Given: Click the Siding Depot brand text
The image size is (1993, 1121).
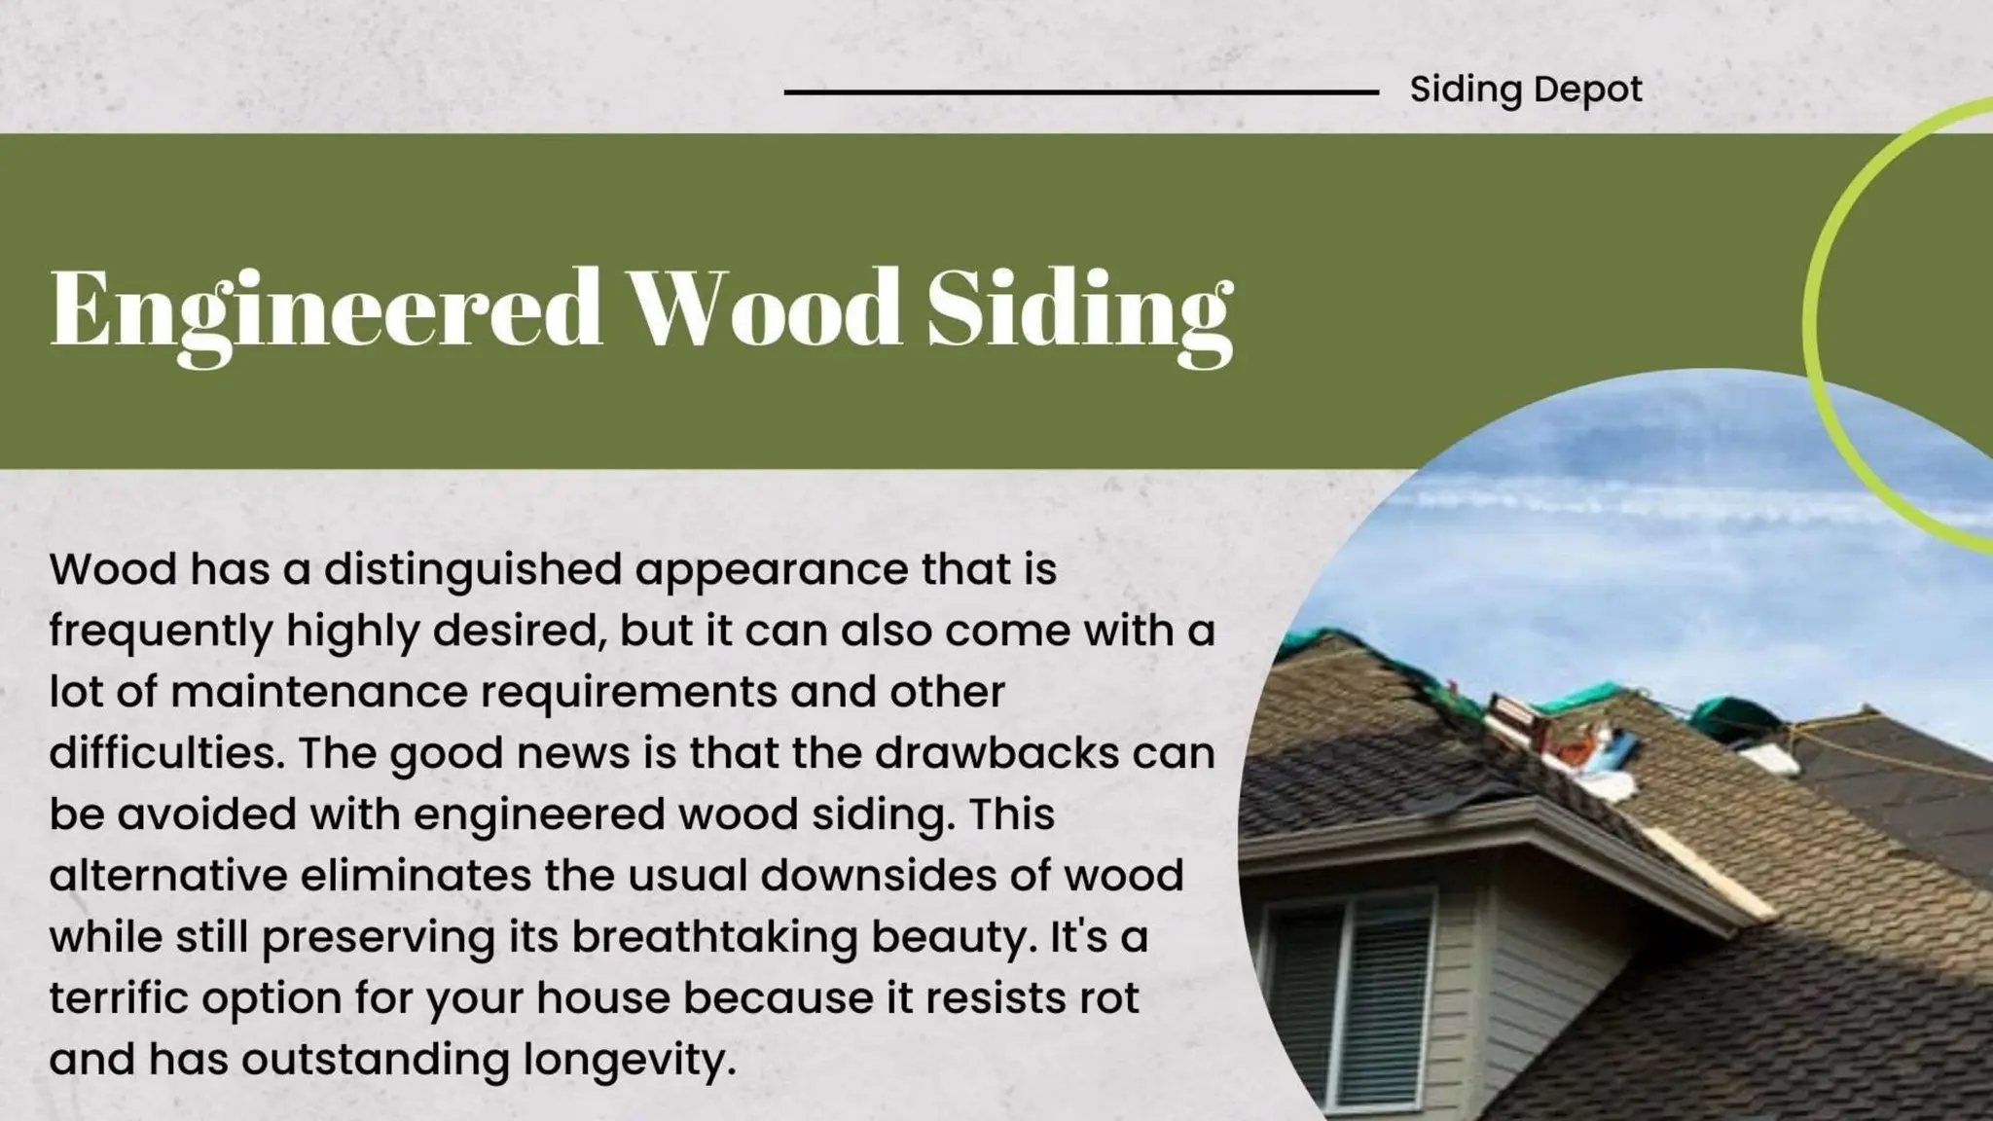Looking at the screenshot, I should (x=1525, y=90).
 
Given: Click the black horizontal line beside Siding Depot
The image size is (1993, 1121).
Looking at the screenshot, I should (x=1080, y=92).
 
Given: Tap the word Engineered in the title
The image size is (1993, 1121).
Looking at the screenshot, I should (x=326, y=309).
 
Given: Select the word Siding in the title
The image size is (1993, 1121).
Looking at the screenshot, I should (x=1080, y=309).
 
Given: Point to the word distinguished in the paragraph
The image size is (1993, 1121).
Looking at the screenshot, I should (x=473, y=570).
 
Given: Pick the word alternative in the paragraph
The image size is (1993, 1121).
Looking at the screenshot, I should (x=168, y=875).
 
